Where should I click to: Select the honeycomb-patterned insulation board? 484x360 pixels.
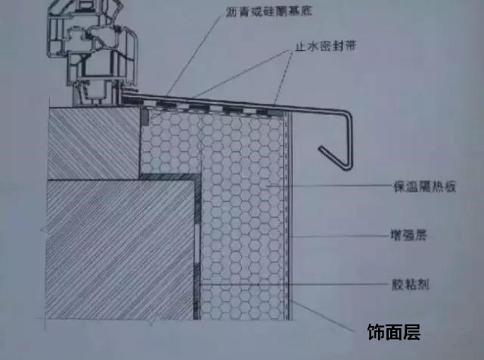[242, 219]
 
